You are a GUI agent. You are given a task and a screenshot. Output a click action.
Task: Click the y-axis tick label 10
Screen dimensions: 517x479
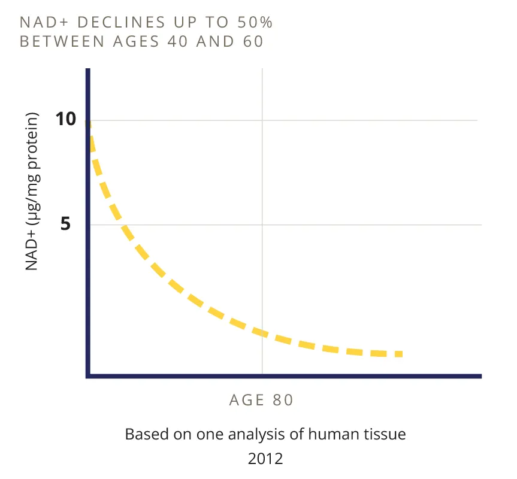click(x=66, y=119)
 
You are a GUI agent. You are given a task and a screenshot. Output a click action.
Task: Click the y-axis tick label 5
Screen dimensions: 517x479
click(x=65, y=224)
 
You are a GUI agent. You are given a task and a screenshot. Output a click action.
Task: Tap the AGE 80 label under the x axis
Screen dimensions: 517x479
click(x=261, y=401)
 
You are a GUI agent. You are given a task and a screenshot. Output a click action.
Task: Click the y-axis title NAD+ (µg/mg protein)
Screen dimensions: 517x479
click(x=32, y=192)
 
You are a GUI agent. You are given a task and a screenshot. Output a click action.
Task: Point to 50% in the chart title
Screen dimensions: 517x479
click(x=255, y=23)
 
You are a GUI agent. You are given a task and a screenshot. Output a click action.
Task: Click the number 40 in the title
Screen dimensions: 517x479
click(x=177, y=41)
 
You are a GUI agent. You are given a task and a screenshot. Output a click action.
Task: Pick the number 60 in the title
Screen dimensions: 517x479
click(x=253, y=41)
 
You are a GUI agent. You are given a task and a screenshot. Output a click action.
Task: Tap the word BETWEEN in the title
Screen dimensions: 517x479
click(x=62, y=41)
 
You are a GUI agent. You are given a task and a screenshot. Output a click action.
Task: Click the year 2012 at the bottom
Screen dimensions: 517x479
click(x=265, y=459)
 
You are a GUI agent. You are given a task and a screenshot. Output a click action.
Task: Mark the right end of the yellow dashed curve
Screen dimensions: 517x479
click(x=402, y=354)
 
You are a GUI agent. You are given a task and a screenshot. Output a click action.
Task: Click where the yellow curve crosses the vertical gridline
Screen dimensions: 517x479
click(x=262, y=333)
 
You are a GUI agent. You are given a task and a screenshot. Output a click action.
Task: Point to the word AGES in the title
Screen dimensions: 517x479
click(x=137, y=41)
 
